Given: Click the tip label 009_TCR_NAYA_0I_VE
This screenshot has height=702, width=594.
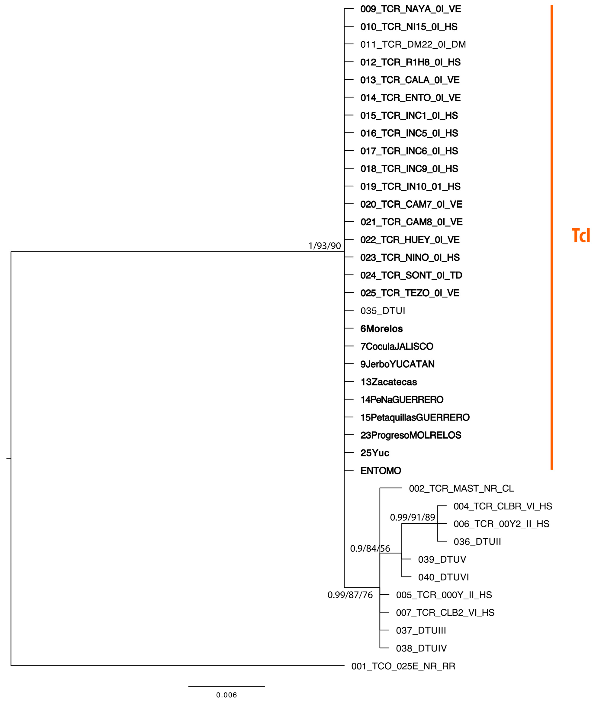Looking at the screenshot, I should click(410, 9).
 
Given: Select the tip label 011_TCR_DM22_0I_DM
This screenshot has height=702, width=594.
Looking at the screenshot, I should click(413, 44).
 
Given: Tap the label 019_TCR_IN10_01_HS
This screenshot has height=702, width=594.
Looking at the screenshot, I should click(410, 186).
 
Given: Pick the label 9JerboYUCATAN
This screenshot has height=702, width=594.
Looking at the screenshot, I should click(397, 364).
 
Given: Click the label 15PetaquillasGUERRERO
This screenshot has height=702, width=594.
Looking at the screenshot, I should click(415, 417).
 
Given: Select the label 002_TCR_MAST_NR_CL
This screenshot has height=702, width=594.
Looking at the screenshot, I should click(461, 488).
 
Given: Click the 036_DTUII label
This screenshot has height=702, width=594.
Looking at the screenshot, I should click(477, 542).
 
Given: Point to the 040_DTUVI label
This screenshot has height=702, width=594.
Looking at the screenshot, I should click(443, 577).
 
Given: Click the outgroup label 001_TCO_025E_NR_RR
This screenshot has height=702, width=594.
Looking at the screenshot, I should click(403, 666).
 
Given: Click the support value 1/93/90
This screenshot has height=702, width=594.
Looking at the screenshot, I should click(325, 246).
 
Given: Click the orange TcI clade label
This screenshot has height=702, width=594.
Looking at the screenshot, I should click(581, 236).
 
